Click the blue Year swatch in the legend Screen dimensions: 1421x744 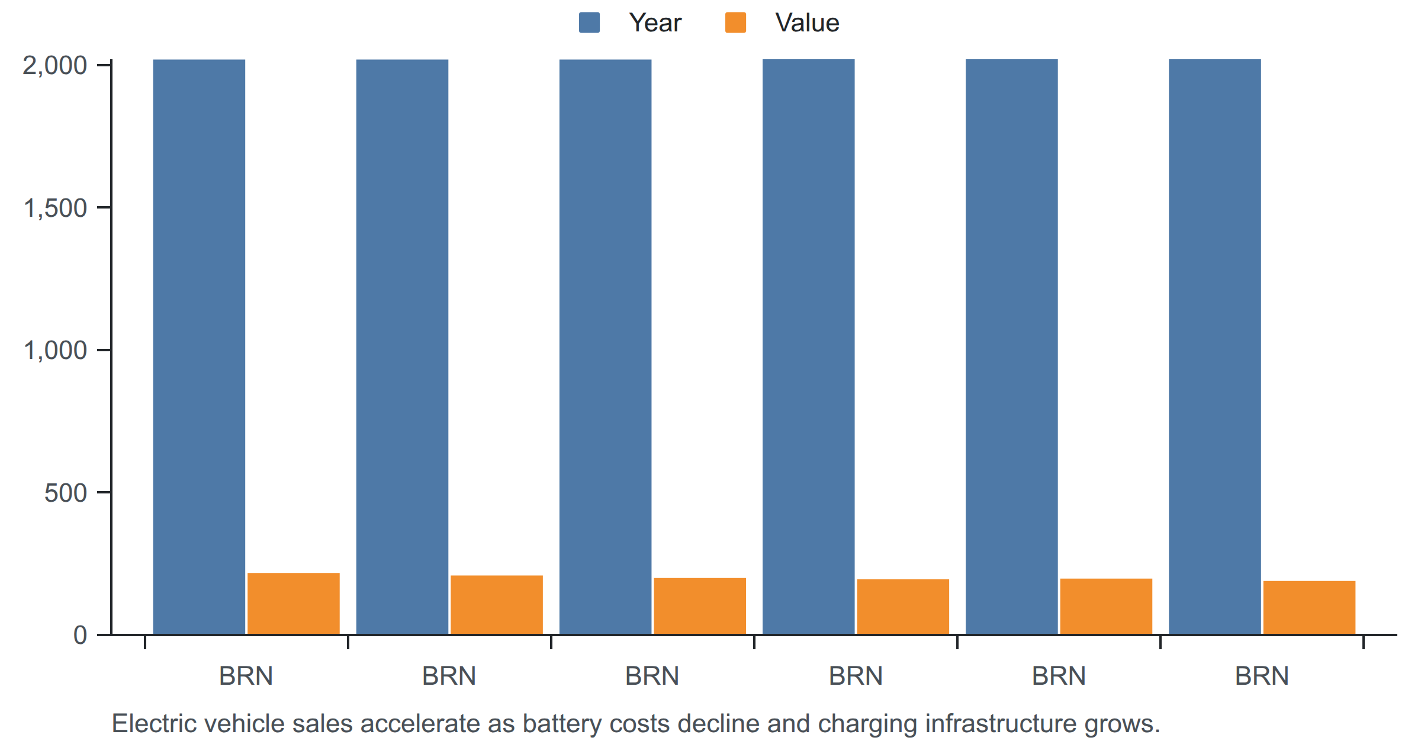pos(589,23)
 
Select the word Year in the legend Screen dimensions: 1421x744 pos(655,23)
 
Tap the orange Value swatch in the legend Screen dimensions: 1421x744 pos(735,23)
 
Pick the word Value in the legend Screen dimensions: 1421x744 pos(807,23)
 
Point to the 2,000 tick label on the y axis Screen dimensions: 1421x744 pos(54,65)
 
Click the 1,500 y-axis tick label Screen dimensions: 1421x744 pos(54,208)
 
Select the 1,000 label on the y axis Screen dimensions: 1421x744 pos(54,350)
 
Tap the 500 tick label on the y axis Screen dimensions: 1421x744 pos(66,493)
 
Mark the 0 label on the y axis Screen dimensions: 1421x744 pos(80,635)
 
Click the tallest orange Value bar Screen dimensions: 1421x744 pos(294,604)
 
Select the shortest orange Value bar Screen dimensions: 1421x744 pos(1309,608)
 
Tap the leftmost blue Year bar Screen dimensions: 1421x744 pos(199,347)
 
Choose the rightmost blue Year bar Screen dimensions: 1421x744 pos(1215,347)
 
